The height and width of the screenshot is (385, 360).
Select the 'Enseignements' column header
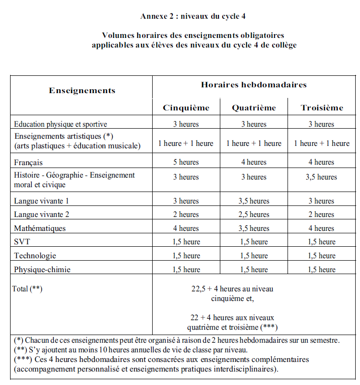click(82, 90)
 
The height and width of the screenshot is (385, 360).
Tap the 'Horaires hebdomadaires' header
click(253, 84)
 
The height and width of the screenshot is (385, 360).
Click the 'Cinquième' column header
click(186, 108)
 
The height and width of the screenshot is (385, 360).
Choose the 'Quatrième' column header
click(254, 108)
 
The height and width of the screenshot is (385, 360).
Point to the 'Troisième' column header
click(322, 108)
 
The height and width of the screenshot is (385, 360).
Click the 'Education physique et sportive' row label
click(60, 124)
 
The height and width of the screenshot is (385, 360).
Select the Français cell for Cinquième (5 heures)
click(186, 162)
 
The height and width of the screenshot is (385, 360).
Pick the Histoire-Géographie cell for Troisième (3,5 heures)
click(322, 177)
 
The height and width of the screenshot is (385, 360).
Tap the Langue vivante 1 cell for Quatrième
click(254, 201)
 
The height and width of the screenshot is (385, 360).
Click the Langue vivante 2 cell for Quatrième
click(254, 215)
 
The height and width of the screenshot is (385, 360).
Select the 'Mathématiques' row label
click(40, 229)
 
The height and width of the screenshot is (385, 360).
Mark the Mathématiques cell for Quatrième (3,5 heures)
click(254, 229)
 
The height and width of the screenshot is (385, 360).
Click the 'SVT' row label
click(22, 242)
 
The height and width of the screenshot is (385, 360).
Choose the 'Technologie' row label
click(35, 256)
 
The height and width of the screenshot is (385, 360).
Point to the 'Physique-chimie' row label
click(42, 270)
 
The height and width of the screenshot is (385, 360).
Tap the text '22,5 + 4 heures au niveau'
click(232, 289)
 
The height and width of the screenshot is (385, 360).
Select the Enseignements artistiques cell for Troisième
click(322, 143)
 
